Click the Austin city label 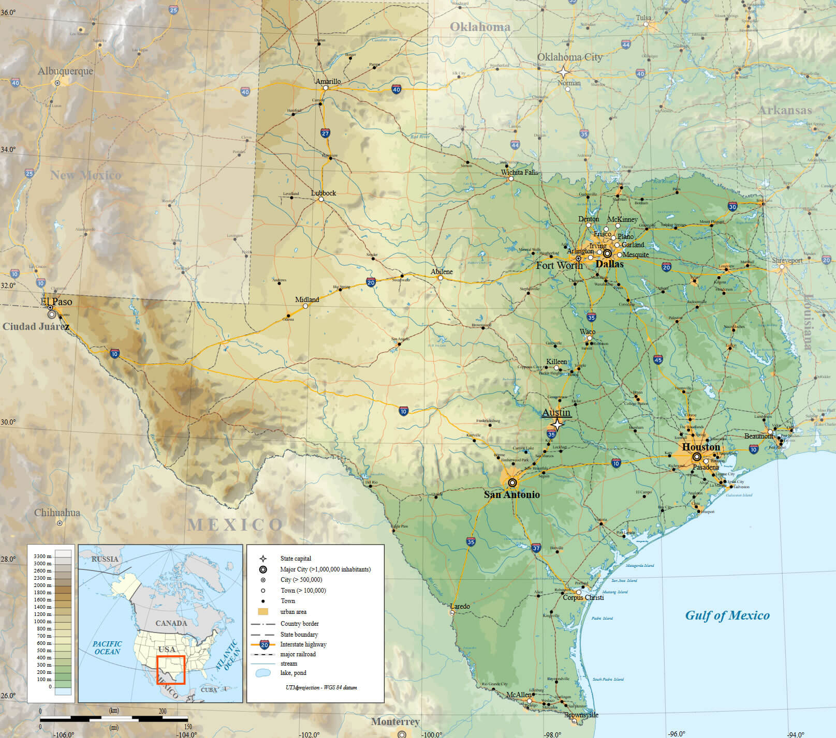pos(556,412)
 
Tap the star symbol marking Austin pos(556,425)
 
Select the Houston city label pos(700,446)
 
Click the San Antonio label pos(511,494)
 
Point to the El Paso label pos(56,302)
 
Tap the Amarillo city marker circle pos(326,88)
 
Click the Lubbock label pos(323,193)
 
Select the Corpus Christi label pos(583,597)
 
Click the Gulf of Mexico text pos(727,615)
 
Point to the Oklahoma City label pos(569,57)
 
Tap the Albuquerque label pos(65,71)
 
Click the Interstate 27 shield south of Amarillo pos(325,133)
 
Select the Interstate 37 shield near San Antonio pos(536,548)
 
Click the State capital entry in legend pos(296,559)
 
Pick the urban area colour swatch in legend pos(263,611)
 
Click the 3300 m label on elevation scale pos(42,556)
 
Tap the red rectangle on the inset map pos(171,670)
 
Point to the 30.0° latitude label pos(8,422)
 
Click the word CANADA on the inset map pos(171,623)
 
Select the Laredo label pos(460,606)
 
